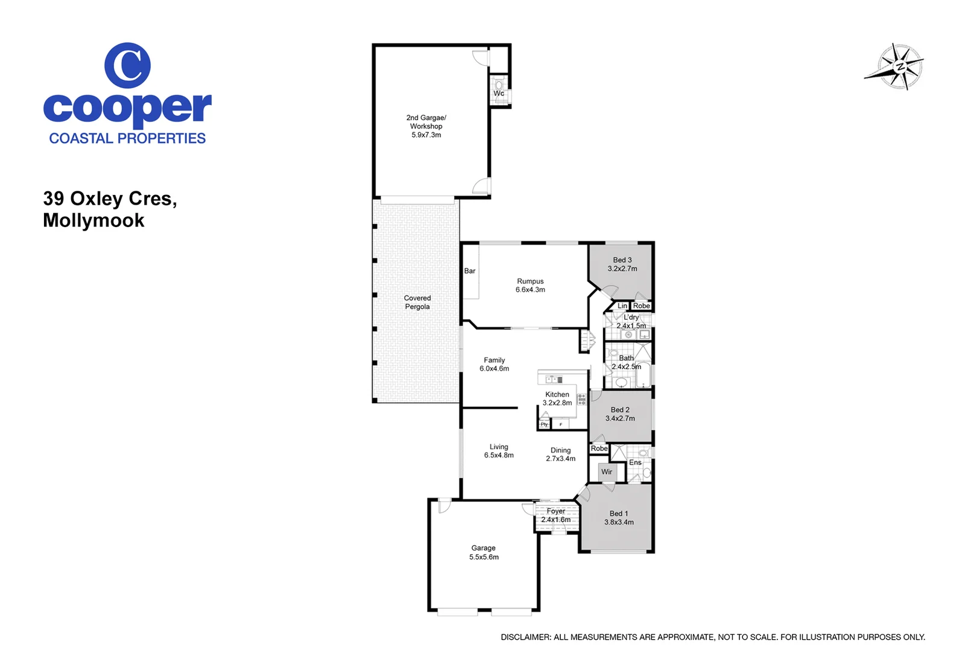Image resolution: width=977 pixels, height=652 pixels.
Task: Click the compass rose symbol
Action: tap(897, 66)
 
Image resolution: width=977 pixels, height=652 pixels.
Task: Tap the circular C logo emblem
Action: tap(127, 65)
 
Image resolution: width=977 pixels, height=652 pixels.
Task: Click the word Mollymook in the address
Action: tap(93, 221)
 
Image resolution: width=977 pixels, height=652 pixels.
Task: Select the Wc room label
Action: tap(499, 94)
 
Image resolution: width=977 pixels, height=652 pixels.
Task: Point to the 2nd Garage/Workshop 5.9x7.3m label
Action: tap(426, 126)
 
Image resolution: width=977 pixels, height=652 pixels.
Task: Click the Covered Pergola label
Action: tap(417, 302)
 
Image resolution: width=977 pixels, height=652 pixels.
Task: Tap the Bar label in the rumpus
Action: tap(470, 271)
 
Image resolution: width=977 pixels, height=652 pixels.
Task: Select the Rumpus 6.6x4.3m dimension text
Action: tap(530, 290)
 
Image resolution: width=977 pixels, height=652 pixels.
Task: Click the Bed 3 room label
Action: tap(622, 260)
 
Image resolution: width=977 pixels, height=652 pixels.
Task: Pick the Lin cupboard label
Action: tap(622, 306)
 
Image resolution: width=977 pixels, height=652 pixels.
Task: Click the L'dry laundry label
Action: tap(631, 318)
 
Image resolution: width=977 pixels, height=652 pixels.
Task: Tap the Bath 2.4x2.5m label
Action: tap(626, 362)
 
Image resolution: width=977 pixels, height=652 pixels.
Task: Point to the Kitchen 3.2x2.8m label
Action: tap(557, 398)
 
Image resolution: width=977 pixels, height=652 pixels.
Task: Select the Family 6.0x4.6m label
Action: tap(494, 365)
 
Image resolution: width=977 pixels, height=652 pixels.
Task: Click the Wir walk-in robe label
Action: tap(607, 472)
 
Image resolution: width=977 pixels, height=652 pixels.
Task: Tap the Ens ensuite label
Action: tap(636, 463)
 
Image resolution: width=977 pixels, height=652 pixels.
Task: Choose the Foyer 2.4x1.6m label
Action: tap(555, 516)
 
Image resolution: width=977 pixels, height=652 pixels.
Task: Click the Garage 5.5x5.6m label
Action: tap(484, 553)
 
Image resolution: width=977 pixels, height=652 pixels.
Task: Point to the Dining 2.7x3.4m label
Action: tap(560, 455)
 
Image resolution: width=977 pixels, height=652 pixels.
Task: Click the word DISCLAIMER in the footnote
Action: tap(525, 638)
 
